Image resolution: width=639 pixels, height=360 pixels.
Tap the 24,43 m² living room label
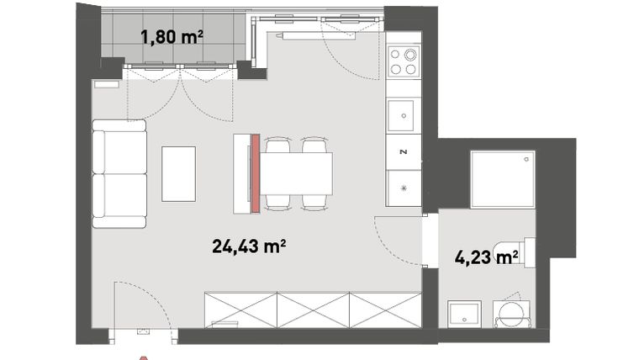click(x=250, y=246)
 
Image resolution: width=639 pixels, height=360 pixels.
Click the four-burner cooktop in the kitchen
click(x=404, y=61)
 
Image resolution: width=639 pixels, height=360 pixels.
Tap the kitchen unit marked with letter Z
click(x=404, y=152)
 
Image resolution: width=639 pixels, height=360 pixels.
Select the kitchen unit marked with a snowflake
click(x=404, y=188)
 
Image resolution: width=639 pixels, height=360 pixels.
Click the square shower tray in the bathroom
click(x=502, y=181)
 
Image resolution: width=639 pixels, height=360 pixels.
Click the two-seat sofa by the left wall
click(x=119, y=173)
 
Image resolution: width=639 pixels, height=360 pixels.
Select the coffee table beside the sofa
click(x=178, y=173)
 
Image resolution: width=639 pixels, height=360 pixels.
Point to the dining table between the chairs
click(x=297, y=173)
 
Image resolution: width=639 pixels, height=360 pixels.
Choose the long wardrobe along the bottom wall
click(x=313, y=310)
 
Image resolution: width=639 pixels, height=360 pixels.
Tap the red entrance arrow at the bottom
click(x=144, y=355)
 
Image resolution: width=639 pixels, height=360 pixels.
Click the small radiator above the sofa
click(x=107, y=84)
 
